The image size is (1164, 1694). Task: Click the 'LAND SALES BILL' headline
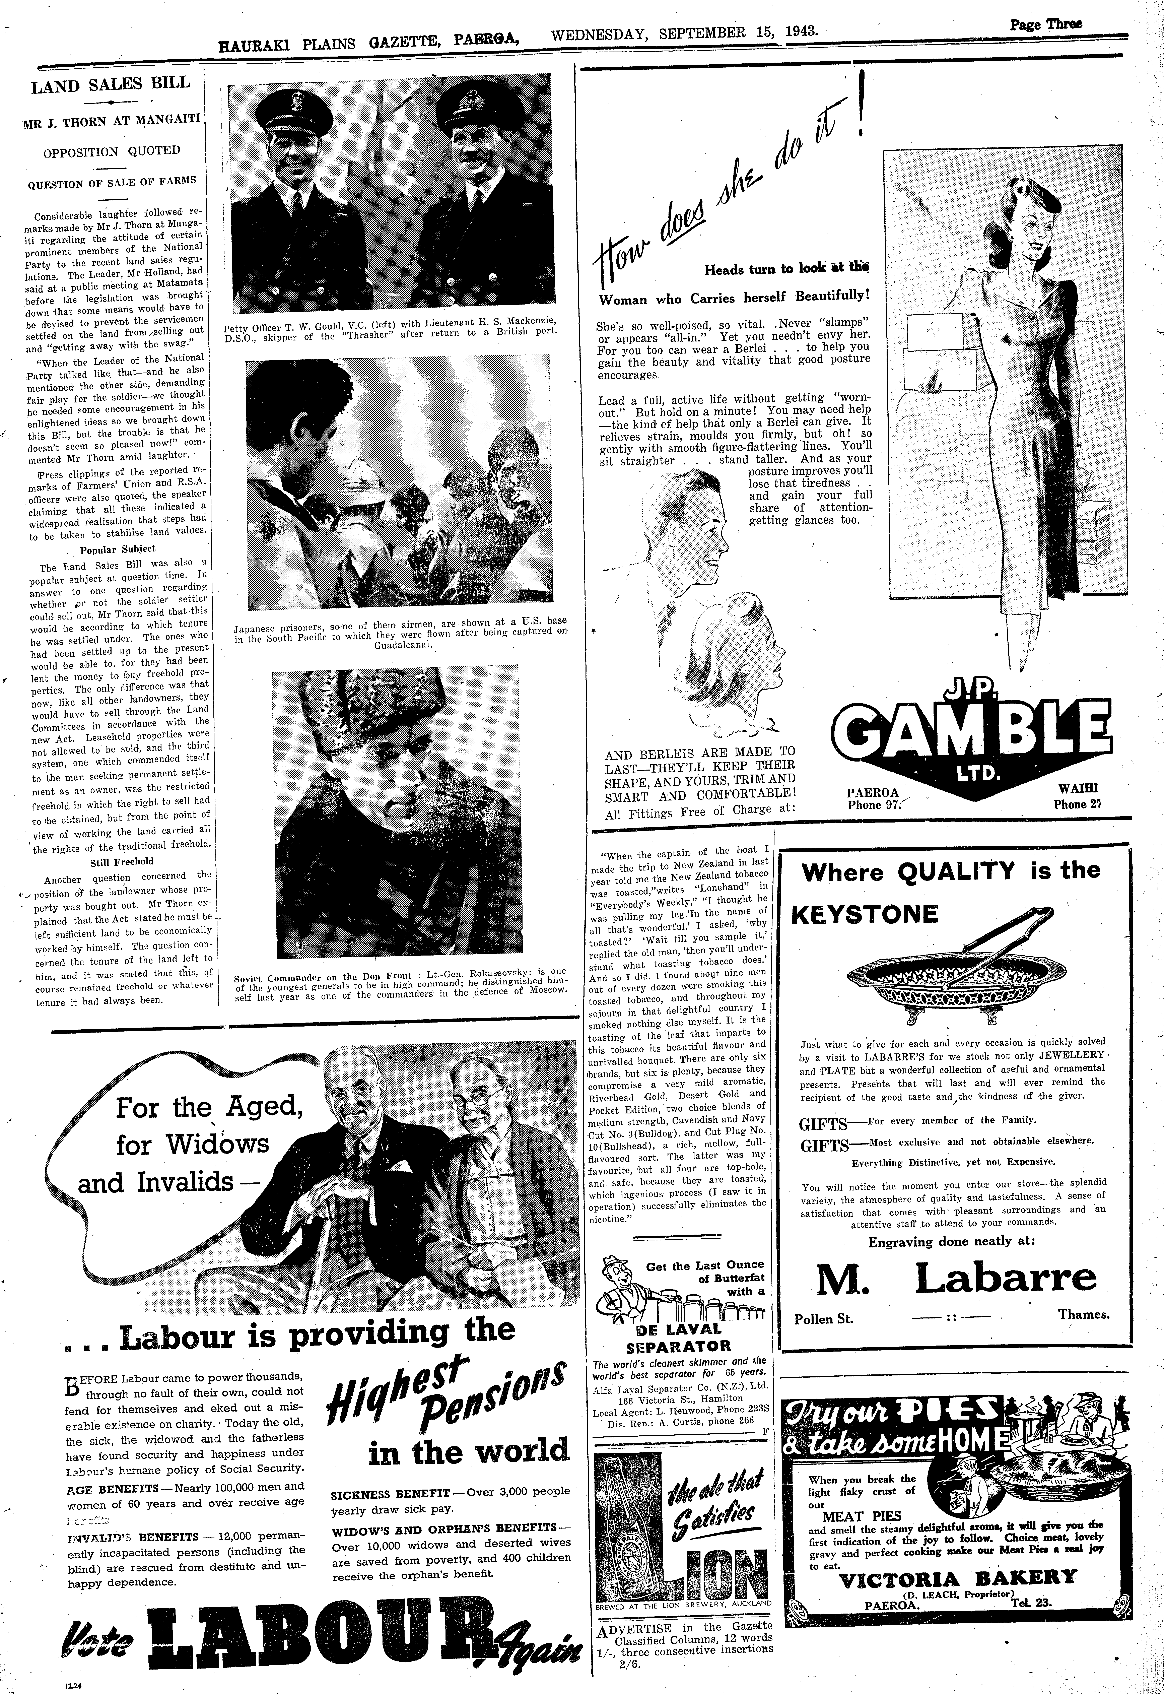click(111, 85)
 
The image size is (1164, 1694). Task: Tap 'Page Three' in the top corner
click(1045, 24)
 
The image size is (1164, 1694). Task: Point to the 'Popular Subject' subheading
click(117, 548)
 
